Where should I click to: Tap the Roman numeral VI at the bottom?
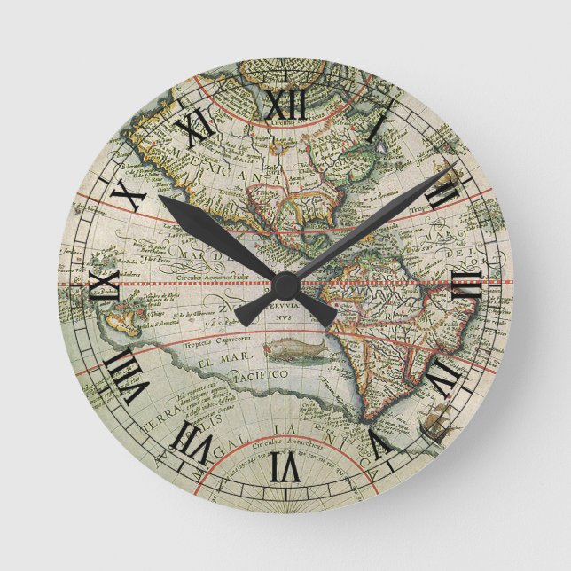click(x=285, y=465)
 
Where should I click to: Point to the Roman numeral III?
click(x=466, y=284)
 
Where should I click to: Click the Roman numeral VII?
click(x=194, y=441)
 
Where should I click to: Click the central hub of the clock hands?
click(x=285, y=285)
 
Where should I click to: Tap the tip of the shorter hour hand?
click(x=165, y=200)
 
